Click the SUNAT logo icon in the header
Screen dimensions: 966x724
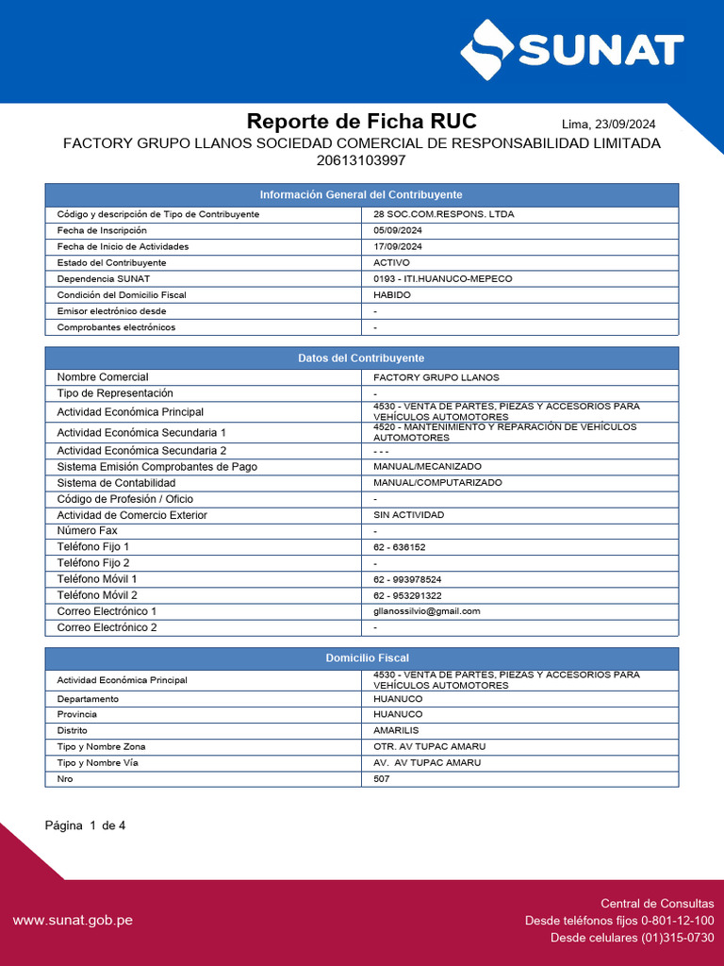click(487, 50)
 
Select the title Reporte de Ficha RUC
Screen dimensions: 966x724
click(362, 122)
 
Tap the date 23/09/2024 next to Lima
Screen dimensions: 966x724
click(623, 125)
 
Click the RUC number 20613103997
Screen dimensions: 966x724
click(362, 160)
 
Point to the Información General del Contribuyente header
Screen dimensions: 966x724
click(361, 194)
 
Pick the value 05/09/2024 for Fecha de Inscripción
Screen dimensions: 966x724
click(398, 230)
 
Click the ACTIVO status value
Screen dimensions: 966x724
click(392, 262)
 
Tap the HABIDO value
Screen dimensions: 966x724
click(392, 295)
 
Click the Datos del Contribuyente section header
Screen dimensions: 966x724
click(361, 358)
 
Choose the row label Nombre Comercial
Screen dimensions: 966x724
click(103, 377)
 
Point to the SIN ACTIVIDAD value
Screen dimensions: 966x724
click(408, 515)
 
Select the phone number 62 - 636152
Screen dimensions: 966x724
click(400, 547)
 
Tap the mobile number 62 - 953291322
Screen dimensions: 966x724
click(407, 595)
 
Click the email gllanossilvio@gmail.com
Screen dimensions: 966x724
click(427, 611)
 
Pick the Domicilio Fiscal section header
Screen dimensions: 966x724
click(361, 658)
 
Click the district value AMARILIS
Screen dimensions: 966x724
click(396, 730)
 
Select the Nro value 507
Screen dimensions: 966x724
click(382, 778)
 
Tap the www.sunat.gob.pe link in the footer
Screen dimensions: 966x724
click(73, 920)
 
